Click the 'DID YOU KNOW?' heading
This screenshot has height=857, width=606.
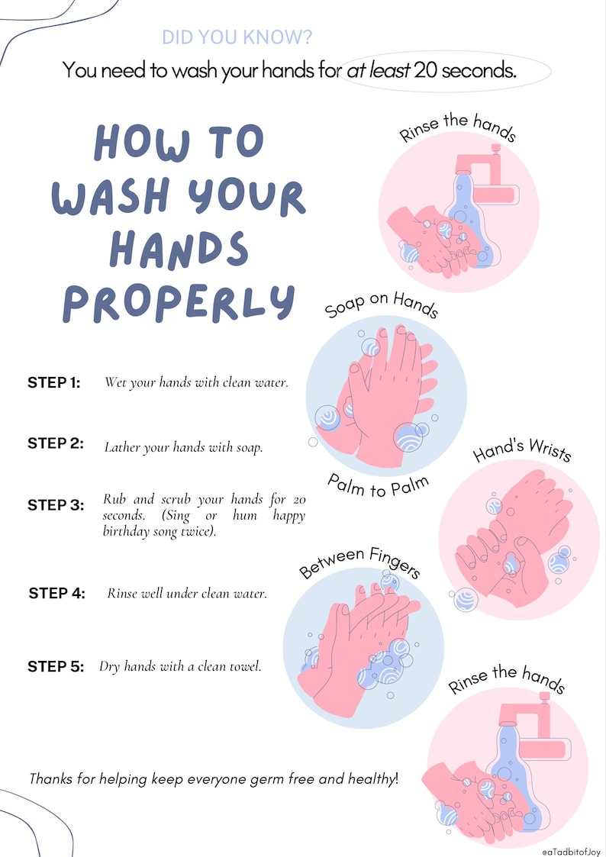(x=237, y=37)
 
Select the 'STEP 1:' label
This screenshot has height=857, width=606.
(x=54, y=382)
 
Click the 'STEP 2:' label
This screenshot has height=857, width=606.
(x=56, y=443)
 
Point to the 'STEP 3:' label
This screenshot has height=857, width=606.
(x=56, y=504)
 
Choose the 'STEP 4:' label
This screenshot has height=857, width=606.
(x=56, y=593)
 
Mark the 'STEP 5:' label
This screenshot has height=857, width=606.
(x=56, y=666)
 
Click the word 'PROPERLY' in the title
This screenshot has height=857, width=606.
(x=178, y=302)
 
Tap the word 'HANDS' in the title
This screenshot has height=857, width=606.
(x=179, y=250)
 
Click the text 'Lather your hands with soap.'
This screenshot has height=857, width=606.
(x=183, y=448)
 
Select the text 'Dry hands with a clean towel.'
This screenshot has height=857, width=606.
(x=180, y=666)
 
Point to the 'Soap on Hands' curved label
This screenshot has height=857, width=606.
(x=381, y=304)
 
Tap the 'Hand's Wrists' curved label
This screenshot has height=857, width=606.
(x=522, y=450)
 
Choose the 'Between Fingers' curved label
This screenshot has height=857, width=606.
(x=359, y=561)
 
